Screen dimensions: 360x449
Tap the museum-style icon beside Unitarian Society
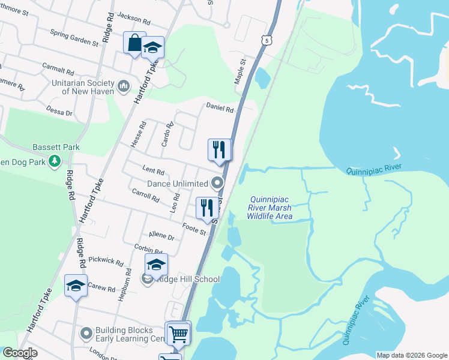[124, 87]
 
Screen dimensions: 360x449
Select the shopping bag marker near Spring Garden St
[134, 43]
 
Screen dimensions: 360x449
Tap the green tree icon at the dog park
[55, 161]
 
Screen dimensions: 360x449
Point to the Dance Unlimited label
[178, 183]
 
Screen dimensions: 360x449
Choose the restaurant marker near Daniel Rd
[219, 149]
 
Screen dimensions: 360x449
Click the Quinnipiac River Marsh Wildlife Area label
[271, 208]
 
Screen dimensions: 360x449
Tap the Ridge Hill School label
[187, 279]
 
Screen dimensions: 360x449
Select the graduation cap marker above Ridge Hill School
[156, 265]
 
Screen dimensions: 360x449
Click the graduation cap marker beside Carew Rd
[76, 286]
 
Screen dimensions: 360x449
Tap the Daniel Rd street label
[220, 108]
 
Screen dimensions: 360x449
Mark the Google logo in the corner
[19, 353]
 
